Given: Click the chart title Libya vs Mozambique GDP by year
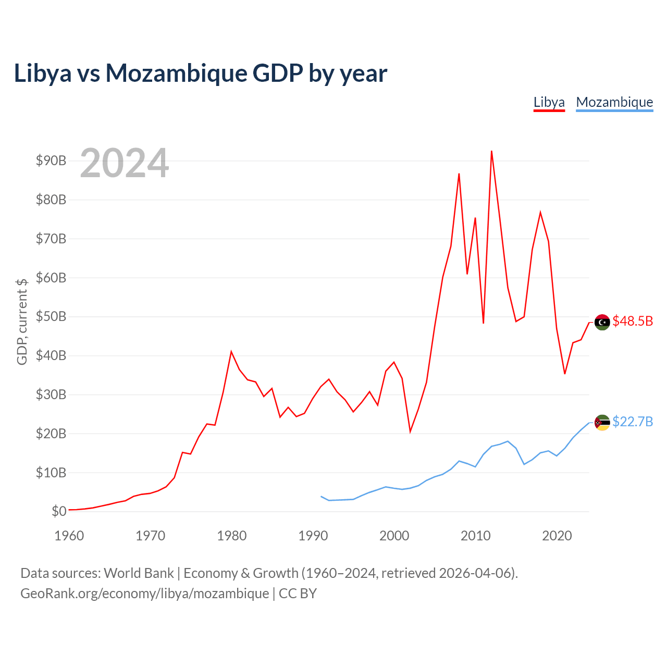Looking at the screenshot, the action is tap(201, 73).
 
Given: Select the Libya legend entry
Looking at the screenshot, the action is tap(549, 103).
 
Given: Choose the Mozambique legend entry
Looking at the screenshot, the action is tap(614, 103).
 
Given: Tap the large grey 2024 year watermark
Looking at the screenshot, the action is tap(124, 163).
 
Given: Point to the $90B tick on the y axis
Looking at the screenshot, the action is tap(51, 160).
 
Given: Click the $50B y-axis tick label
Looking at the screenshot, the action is tap(51, 317).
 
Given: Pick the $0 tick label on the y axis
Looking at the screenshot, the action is tap(59, 511).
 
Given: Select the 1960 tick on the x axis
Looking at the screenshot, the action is tap(69, 536).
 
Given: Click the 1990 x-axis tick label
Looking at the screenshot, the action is tap(313, 536).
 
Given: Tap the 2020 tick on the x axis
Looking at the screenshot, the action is tap(557, 536).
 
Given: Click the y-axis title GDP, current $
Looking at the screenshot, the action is tap(22, 322).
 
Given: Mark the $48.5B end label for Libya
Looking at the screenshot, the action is tap(633, 321).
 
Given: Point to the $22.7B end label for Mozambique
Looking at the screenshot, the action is tap(633, 422).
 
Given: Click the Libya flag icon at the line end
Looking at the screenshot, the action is tap(602, 322).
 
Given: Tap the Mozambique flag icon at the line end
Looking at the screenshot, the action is tap(602, 423).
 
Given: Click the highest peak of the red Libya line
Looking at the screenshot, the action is tap(491, 151).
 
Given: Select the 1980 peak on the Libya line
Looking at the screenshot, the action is tap(231, 352).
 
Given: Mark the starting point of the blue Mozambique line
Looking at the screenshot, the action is tap(321, 497).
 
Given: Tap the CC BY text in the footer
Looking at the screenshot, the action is tap(298, 594).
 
